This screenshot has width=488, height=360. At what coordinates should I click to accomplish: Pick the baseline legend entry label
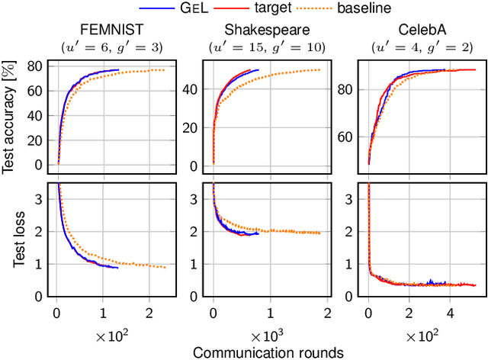pyautogui.click(x=365, y=9)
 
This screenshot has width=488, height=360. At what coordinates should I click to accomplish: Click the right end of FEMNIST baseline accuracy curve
pyautogui.click(x=164, y=70)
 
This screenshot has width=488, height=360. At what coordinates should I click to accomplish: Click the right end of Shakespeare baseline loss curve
pyautogui.click(x=319, y=233)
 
